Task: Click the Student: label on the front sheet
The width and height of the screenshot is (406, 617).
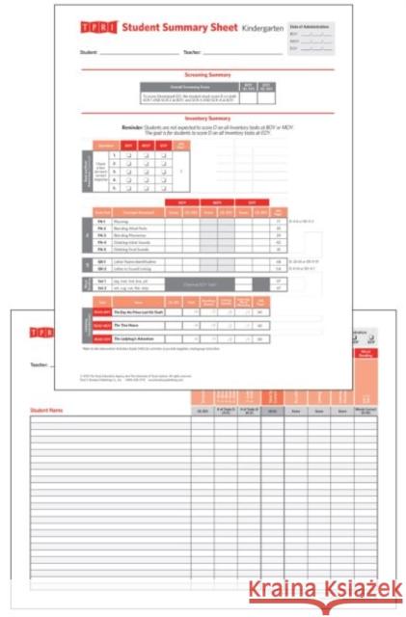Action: pyautogui.click(x=90, y=52)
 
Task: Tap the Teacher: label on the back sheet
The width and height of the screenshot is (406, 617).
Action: pyautogui.click(x=40, y=365)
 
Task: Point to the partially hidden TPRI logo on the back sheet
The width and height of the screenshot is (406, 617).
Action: pyautogui.click(x=41, y=333)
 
